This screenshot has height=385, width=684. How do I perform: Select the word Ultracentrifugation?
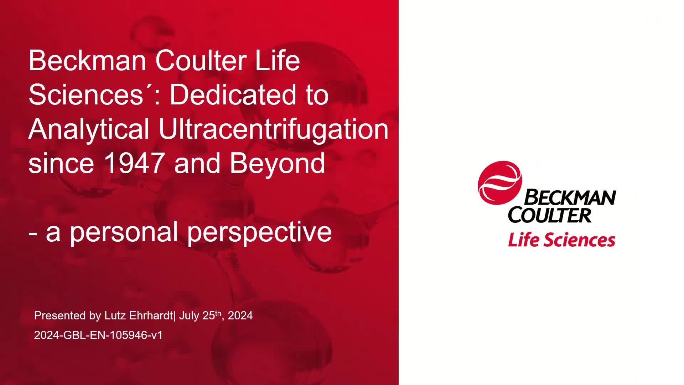tap(273, 129)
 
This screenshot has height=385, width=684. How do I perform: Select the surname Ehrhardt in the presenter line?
tap(151, 315)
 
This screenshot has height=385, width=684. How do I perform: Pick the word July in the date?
tap(189, 316)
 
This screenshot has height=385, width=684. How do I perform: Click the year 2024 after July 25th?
tap(240, 315)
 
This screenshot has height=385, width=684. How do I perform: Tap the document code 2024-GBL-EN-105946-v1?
tap(98, 335)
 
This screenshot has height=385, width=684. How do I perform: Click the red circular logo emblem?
tap(499, 183)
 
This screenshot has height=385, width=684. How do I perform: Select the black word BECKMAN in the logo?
tap(570, 197)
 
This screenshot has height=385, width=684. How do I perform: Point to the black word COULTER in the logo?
tap(550, 215)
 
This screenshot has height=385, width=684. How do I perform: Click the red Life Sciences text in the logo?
tap(562, 240)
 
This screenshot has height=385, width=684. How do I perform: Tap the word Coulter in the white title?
tap(201, 61)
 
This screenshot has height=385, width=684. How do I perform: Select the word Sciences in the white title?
tap(86, 95)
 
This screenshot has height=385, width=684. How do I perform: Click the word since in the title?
tap(61, 163)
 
